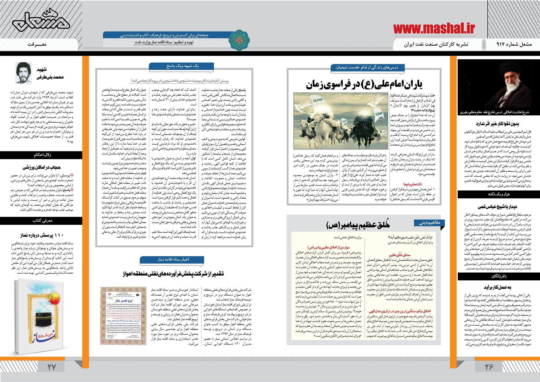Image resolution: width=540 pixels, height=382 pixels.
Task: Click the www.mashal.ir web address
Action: point(434,28)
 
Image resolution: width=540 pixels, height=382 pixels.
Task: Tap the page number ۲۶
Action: point(489,367)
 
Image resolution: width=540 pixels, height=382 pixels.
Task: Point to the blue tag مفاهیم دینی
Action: point(430,223)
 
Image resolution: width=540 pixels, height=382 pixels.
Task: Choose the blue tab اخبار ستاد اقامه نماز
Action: point(173,259)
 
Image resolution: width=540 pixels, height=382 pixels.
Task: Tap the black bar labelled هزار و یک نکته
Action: point(498,194)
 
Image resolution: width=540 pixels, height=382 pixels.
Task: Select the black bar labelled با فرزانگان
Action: point(498,276)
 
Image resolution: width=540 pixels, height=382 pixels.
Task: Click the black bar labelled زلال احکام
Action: point(42,155)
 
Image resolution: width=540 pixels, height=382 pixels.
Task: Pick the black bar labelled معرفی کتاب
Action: point(42,221)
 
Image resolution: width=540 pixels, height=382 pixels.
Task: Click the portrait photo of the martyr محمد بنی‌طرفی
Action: point(23,73)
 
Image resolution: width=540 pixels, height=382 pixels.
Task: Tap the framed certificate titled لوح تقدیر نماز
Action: point(123,315)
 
